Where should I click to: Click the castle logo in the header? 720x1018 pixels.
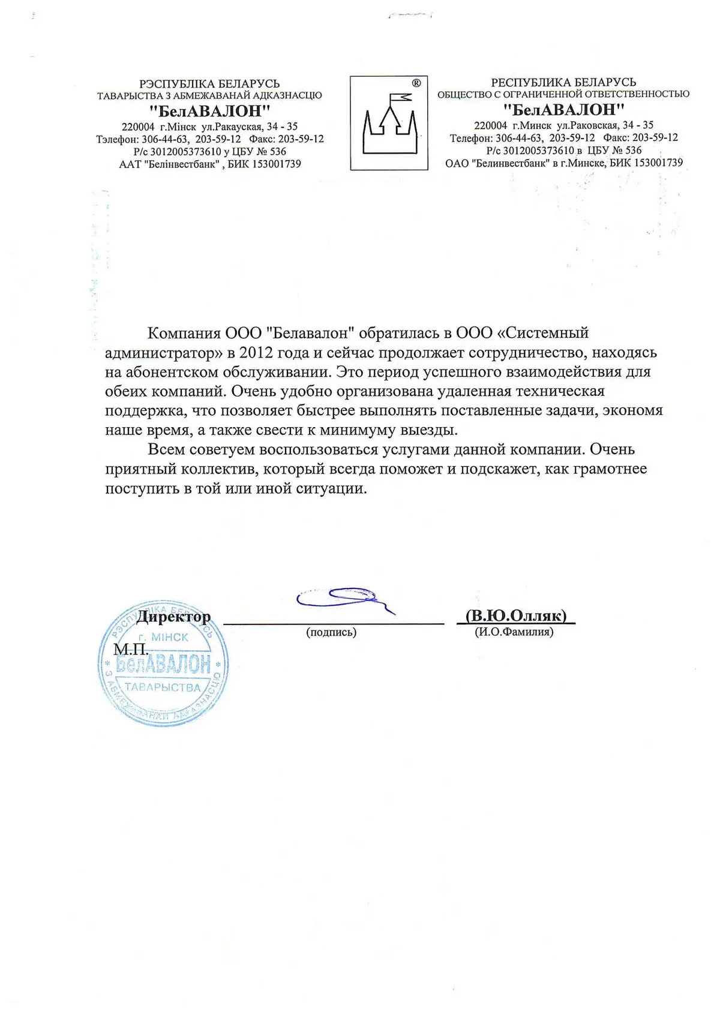[389, 124]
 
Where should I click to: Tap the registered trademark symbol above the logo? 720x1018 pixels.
[416, 83]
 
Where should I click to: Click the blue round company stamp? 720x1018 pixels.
[163, 663]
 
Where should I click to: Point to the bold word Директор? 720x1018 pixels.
[173, 617]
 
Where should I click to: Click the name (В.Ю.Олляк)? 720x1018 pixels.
[516, 616]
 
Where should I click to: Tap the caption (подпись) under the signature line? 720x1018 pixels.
[331, 632]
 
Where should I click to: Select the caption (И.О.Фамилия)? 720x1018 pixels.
[514, 632]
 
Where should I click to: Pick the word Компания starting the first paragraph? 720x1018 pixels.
[184, 333]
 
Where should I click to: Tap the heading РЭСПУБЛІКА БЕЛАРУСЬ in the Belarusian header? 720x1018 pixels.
[209, 84]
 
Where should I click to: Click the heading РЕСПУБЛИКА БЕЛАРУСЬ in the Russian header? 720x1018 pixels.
[563, 82]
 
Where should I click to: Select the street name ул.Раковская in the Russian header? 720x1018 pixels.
[587, 125]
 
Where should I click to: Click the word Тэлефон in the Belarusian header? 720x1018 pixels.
[117, 139]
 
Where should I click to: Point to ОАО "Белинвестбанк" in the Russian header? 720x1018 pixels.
[497, 163]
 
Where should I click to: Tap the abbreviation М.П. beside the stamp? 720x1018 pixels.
[131, 650]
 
